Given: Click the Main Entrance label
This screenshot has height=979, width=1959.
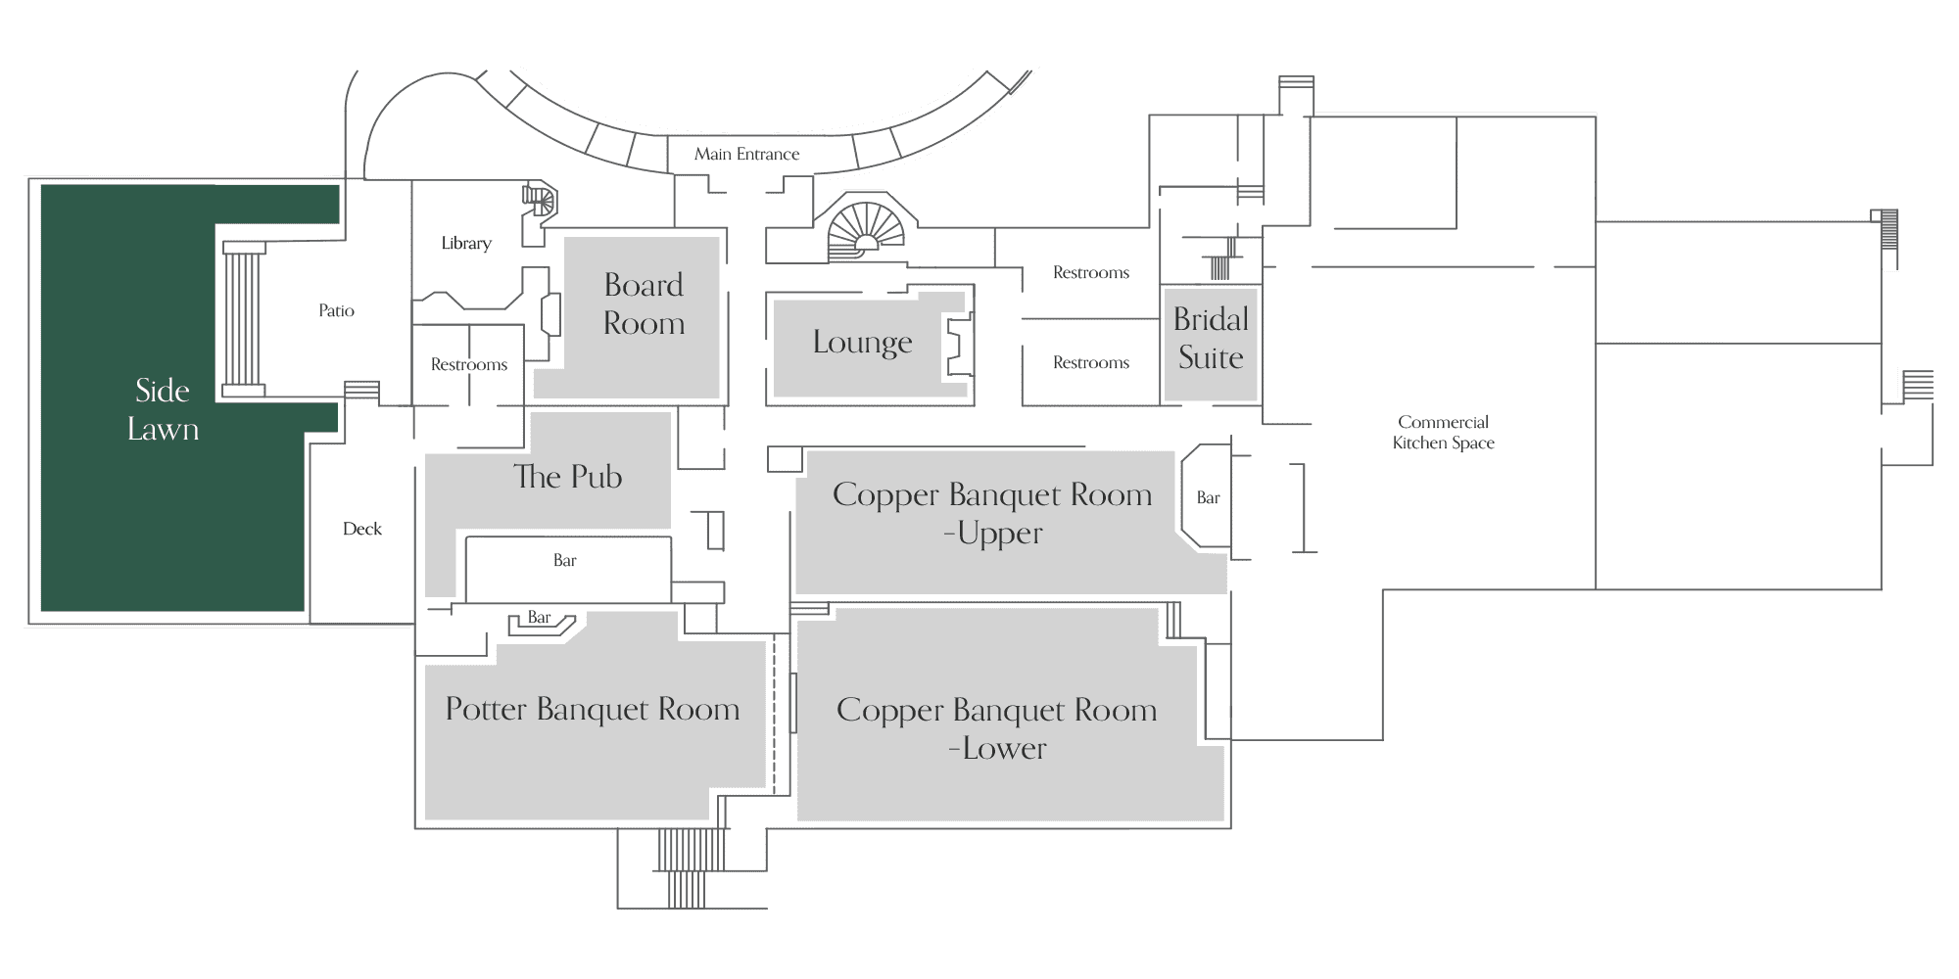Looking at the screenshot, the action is point(746,154).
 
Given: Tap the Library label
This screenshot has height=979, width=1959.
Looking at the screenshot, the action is point(466,243).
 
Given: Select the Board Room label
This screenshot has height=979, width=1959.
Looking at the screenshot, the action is point(644,303).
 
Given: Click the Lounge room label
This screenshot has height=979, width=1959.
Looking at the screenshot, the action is point(862,342).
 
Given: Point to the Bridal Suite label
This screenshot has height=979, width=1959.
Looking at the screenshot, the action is point(1211,338).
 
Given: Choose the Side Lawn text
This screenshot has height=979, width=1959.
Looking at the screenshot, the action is point(163,409).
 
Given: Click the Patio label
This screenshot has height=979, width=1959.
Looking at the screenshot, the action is point(336,310).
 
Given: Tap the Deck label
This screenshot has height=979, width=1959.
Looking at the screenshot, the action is point(362,529).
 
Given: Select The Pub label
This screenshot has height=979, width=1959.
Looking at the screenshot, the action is point(568,477).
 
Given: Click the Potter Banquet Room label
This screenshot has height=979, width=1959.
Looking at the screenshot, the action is point(593,709).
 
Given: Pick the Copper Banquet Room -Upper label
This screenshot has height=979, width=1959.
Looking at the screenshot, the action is point(992,513).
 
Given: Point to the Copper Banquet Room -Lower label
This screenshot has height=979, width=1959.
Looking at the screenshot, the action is point(996,728).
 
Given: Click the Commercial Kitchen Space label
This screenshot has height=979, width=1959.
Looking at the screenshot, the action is point(1444,432).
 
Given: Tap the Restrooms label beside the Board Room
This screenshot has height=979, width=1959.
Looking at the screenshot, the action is point(469,364).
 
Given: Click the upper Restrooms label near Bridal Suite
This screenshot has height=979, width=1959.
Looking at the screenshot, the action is point(1091,272).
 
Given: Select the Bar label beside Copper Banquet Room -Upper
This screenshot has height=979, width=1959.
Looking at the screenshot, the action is point(1208,497).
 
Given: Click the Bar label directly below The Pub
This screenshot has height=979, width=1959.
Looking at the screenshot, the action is point(564,560).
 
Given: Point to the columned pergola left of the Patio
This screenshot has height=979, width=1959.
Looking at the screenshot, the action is point(244,319).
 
